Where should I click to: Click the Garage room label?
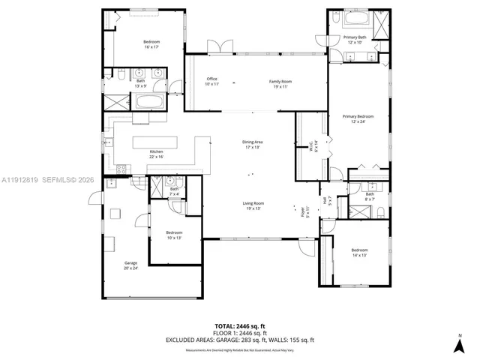coord(130,265)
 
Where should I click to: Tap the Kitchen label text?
coord(156,154)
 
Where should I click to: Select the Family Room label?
coord(280,82)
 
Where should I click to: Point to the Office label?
coord(211,81)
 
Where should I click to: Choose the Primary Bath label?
coord(355,39)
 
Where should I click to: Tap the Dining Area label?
coord(252,144)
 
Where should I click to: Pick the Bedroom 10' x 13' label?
coord(174,235)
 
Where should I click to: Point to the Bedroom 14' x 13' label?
coord(359,252)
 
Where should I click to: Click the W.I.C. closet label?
coord(316,146)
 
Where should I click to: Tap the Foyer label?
coord(304,211)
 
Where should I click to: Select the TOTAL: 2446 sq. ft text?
coord(239,326)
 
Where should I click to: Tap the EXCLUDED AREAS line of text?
coord(239,340)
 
